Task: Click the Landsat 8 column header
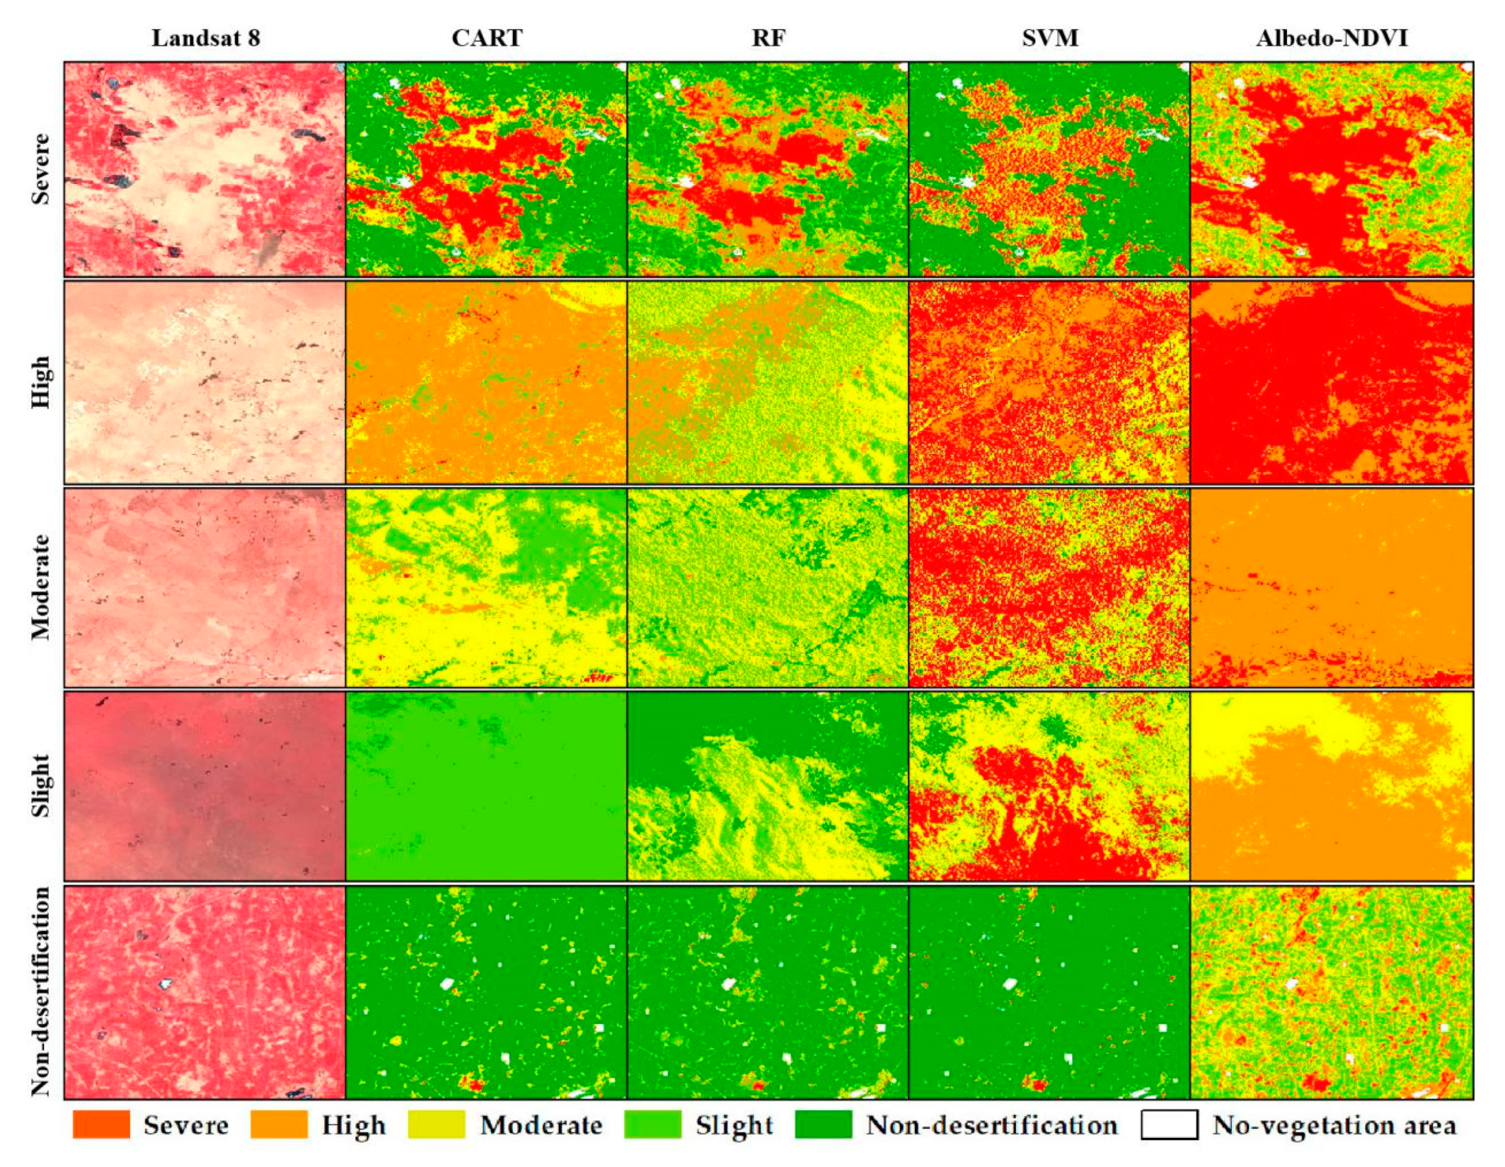(x=205, y=38)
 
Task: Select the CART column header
(x=487, y=38)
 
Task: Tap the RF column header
(x=768, y=38)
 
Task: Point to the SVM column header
(x=1050, y=38)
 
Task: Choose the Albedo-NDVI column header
(x=1331, y=38)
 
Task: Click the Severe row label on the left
(x=41, y=169)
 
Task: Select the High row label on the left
(x=41, y=382)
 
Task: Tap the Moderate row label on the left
(x=41, y=587)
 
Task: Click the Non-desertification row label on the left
(x=41, y=991)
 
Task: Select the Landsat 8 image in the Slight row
(x=205, y=786)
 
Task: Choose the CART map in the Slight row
(x=487, y=786)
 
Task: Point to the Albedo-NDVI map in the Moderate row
(x=1331, y=588)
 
